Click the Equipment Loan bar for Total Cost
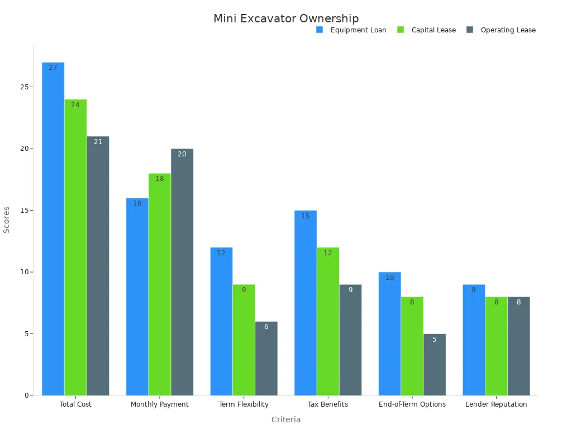click(53, 229)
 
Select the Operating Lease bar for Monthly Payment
click(182, 272)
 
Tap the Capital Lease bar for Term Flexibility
click(244, 340)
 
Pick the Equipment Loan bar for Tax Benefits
click(306, 303)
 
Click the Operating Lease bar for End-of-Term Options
click(435, 365)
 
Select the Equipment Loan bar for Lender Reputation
click(474, 340)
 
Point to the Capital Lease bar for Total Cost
click(75, 247)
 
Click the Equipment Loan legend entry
click(351, 30)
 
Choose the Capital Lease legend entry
click(427, 30)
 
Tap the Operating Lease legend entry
click(501, 30)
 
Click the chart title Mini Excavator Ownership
click(286, 19)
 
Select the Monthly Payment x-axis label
click(160, 404)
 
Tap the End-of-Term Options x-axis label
click(412, 404)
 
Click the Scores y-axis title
click(7, 220)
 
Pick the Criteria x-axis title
click(286, 420)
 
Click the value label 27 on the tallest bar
click(53, 68)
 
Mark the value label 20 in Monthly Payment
click(182, 154)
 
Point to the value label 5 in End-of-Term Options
click(435, 340)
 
